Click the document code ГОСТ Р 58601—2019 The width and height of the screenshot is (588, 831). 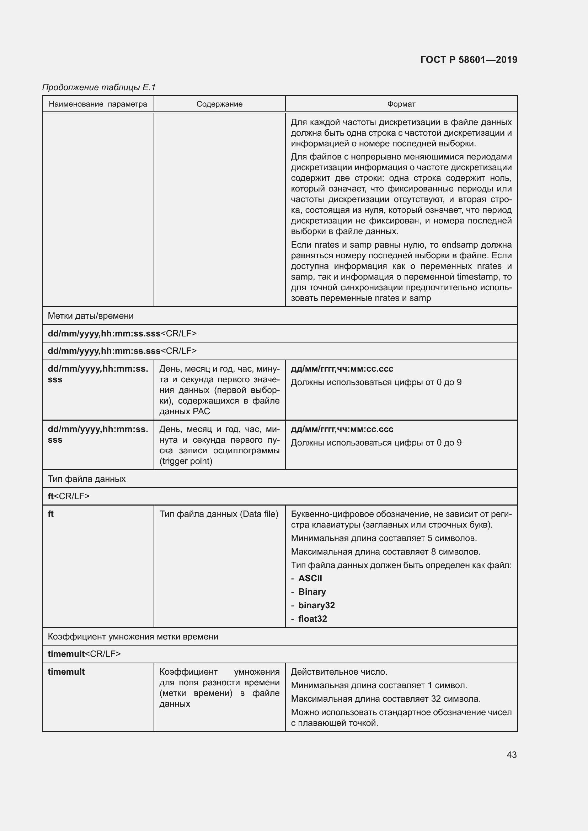coord(469,60)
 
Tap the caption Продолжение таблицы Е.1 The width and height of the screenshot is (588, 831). coord(99,87)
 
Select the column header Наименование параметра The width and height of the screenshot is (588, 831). coord(98,104)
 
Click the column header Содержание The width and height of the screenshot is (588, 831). coord(219,104)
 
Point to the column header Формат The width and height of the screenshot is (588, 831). coord(401,104)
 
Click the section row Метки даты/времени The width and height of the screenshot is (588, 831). coord(91,316)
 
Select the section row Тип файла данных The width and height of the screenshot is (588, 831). coord(87,479)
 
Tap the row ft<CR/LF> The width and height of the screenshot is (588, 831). coord(69,496)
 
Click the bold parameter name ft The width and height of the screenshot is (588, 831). coord(51,514)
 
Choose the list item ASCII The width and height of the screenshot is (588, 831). coord(310,578)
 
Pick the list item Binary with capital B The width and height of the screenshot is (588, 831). coord(312,592)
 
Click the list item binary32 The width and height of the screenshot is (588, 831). coord(316,605)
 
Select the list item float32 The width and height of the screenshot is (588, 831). coord(312,619)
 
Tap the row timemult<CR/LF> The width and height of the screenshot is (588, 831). coord(84,654)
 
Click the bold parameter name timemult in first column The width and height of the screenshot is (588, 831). coord(66,672)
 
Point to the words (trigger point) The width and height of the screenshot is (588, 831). coord(186,461)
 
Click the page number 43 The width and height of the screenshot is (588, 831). coord(511,755)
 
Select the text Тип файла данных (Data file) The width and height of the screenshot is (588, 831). coord(219,514)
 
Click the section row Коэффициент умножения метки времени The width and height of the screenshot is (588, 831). coord(133,637)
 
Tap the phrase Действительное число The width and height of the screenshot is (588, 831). coord(339,672)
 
